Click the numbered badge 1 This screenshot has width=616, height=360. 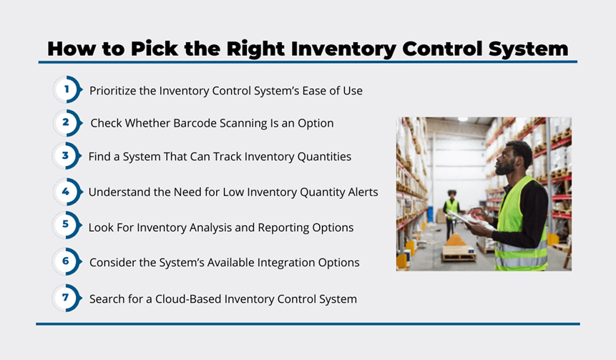(x=67, y=89)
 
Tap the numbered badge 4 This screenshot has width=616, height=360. (x=67, y=192)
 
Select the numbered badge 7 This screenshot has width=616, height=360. (x=67, y=298)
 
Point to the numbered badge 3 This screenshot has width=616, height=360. (x=67, y=155)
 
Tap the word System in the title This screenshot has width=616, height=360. (x=529, y=49)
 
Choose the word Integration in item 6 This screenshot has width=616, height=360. (x=261, y=263)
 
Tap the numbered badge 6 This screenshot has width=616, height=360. (x=67, y=261)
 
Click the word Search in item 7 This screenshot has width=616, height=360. (x=102, y=299)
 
